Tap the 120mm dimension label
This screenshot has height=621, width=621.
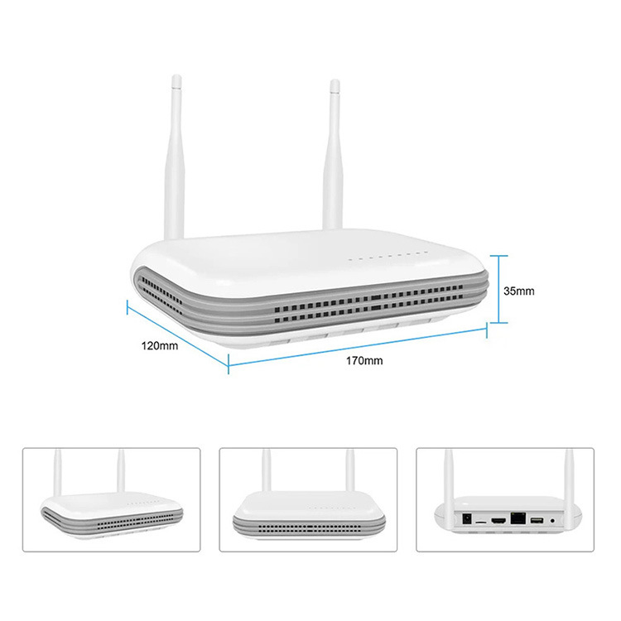pos(160,346)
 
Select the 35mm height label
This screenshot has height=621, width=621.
pos(519,291)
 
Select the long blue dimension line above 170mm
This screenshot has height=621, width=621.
pos(356,345)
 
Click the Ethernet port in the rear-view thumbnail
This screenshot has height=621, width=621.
pos(517,519)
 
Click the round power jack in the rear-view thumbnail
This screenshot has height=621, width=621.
pos(468,517)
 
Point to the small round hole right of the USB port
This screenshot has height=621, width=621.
pos(552,521)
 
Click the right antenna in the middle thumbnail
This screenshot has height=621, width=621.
pos(349,476)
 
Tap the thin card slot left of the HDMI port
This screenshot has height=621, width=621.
pos(482,522)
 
